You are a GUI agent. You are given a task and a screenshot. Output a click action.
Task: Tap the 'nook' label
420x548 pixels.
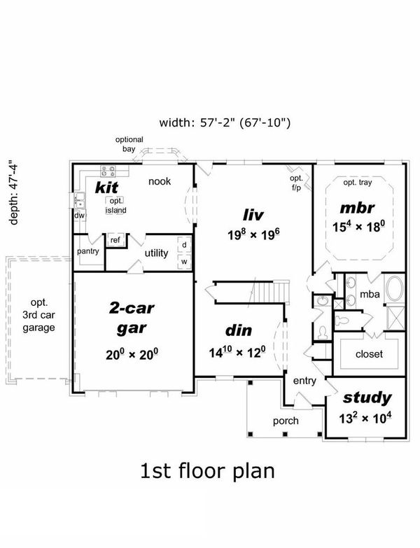pos(160,181)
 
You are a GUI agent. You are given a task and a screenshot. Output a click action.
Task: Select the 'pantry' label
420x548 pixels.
pos(87,251)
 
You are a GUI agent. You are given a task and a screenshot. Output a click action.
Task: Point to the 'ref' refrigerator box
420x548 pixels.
pos(115,241)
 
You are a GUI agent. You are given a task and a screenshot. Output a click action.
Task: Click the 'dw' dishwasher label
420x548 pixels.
pos(79,216)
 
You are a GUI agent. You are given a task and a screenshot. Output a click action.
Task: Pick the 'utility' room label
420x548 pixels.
pos(155,253)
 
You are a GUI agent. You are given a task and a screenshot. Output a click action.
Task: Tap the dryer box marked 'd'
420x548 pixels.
pos(184,245)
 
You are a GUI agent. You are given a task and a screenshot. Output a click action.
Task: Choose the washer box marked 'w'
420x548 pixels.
pos(184,262)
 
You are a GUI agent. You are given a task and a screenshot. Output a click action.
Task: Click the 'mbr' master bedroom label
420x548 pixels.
pos(358,208)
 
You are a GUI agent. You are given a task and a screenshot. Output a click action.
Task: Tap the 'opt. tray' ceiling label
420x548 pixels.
pos(358,183)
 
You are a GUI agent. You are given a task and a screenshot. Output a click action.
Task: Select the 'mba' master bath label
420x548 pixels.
pos(370,295)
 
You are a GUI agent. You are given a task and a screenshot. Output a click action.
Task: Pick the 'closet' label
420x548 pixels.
pos(369,354)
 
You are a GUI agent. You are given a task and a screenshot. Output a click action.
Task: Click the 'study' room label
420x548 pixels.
pos(366,398)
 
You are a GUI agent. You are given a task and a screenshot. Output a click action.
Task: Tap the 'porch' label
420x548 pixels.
pos(286,421)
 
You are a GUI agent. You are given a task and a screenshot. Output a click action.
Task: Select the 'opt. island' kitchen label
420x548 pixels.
pos(115,205)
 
